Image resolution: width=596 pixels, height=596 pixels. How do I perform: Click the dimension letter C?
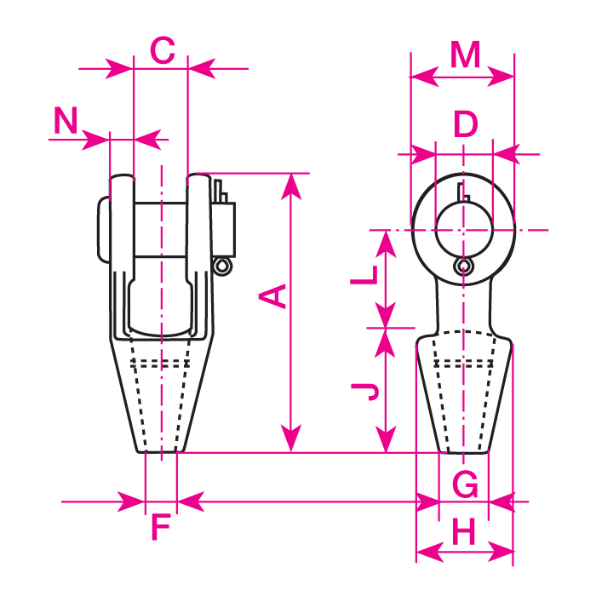(x=162, y=51)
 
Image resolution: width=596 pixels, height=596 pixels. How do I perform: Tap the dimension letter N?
(x=66, y=122)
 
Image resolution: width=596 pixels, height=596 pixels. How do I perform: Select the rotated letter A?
(x=272, y=296)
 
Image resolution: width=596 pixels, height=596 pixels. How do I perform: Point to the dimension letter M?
(x=466, y=55)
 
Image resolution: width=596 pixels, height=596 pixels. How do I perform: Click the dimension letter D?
(x=465, y=125)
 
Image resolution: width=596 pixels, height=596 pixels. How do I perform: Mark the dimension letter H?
(x=464, y=534)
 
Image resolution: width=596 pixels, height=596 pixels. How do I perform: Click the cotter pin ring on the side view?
(x=223, y=267)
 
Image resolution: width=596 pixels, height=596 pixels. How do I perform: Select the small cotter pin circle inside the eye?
(x=462, y=267)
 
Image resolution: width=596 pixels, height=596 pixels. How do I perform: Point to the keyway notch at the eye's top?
(x=462, y=189)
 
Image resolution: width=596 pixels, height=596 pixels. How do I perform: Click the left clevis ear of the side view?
(x=121, y=221)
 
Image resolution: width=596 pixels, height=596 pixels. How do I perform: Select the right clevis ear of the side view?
(x=199, y=221)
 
